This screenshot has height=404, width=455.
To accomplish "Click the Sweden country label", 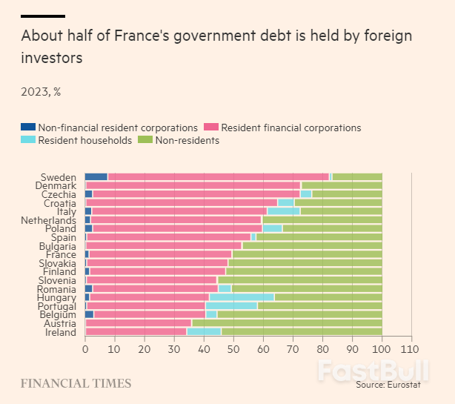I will (x=58, y=176).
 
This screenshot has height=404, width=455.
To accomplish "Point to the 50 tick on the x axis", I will (x=233, y=348).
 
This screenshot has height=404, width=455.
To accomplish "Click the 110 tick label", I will (x=411, y=348).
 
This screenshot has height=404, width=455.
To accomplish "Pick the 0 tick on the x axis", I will (x=85, y=348).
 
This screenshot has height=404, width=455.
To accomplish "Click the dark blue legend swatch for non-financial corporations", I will (x=27, y=128).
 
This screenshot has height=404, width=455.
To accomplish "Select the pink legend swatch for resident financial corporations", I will (x=210, y=128).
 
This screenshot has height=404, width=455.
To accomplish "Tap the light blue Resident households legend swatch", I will (x=27, y=140).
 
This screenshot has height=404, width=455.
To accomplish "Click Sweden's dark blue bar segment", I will (x=96, y=176).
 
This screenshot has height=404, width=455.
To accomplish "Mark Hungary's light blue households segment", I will (x=242, y=297).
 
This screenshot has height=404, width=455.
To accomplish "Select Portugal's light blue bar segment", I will (x=231, y=306).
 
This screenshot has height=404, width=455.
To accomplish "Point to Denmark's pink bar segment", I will (x=194, y=185).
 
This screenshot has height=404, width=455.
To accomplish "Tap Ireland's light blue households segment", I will (x=204, y=332).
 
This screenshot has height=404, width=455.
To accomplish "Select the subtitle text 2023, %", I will (x=41, y=92).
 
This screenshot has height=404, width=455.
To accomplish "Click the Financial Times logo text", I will (x=76, y=384).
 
